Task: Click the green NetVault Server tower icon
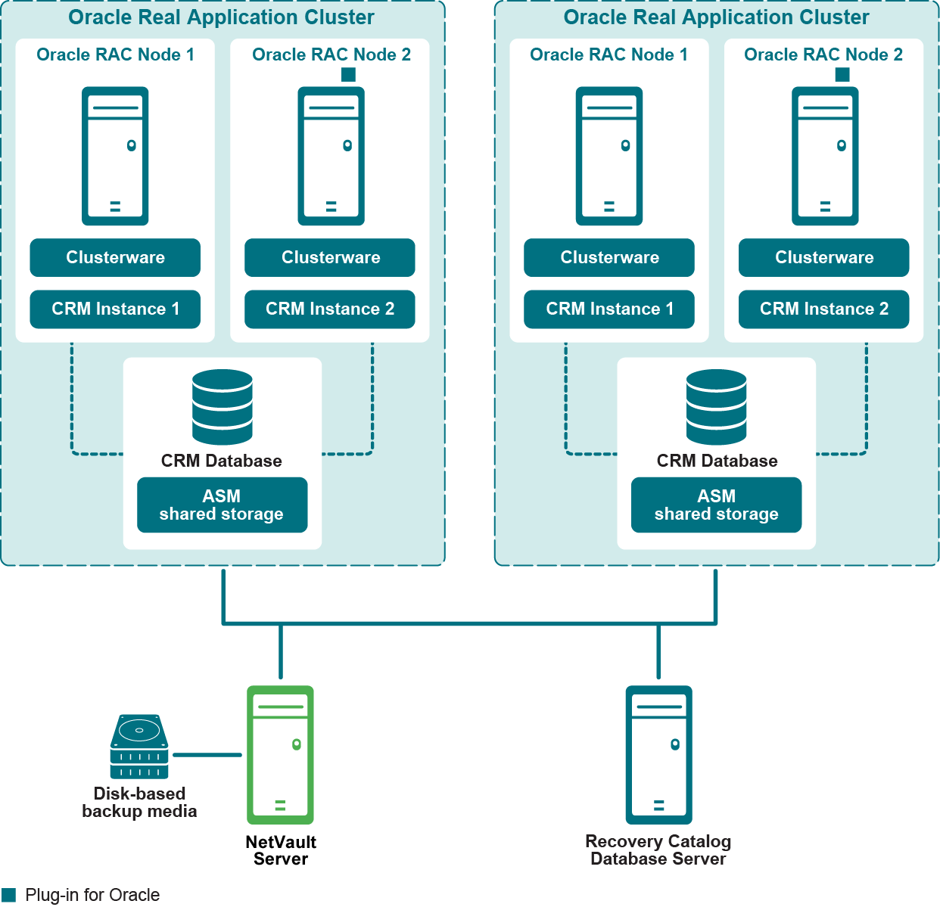(280, 754)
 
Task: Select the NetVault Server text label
(281, 850)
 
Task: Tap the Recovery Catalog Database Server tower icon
(658, 754)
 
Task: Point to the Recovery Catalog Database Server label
(658, 850)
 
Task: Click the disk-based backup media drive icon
(139, 746)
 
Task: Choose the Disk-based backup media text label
(139, 803)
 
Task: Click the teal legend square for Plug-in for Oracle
(8, 895)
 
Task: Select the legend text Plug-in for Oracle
(92, 895)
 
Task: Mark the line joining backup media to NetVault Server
(207, 754)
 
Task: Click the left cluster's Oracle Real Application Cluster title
(221, 17)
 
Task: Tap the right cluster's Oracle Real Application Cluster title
(716, 17)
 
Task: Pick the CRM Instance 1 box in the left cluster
(115, 309)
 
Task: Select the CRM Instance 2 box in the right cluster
(823, 309)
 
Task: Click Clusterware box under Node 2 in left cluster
(330, 257)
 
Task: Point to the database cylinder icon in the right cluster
(716, 406)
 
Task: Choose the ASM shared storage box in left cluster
(222, 505)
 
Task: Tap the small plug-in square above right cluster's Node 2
(842, 74)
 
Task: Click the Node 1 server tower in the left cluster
(115, 156)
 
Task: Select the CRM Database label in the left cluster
(221, 461)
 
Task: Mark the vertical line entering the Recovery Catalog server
(658, 652)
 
